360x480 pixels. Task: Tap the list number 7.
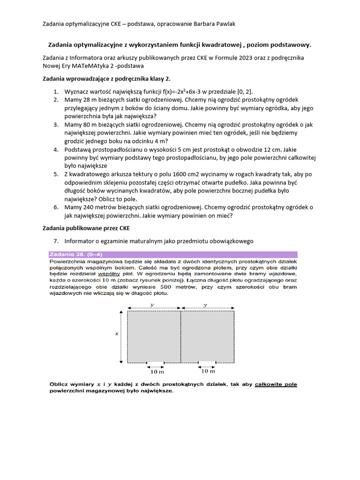(x=55, y=241)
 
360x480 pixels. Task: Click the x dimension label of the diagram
(x=117, y=334)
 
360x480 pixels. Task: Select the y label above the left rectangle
(x=152, y=305)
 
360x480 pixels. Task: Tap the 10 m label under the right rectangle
(x=208, y=371)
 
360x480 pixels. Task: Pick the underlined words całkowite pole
(x=276, y=384)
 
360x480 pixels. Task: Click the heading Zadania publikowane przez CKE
(x=86, y=228)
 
